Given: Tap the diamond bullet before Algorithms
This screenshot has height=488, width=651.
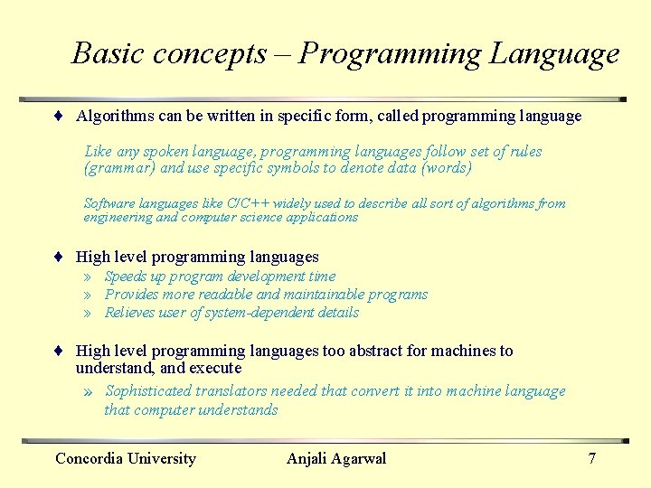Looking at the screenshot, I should [57, 117].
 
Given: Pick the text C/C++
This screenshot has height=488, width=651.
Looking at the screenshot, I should [247, 203].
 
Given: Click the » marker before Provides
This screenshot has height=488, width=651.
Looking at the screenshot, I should [89, 295].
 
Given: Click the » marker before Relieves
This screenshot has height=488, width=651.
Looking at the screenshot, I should [89, 313].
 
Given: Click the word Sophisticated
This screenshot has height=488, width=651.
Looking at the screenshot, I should [148, 391].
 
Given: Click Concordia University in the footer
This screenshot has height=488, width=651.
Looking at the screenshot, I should [126, 459].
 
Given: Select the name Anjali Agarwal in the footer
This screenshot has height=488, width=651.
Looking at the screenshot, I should [336, 459].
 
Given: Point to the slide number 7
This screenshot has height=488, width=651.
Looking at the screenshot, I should [592, 459].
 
